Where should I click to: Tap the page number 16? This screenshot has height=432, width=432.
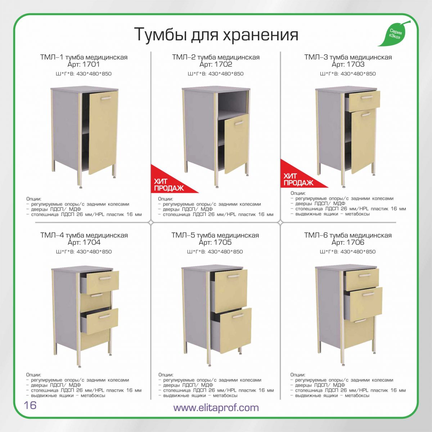click(x=30, y=405)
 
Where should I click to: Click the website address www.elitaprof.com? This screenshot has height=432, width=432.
click(x=216, y=407)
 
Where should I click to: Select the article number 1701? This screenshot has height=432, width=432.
click(x=91, y=64)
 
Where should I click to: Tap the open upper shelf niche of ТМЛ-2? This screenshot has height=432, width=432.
click(x=233, y=103)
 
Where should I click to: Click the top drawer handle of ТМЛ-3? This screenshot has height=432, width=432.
click(x=366, y=97)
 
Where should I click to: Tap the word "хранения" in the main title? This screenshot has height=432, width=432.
click(x=260, y=35)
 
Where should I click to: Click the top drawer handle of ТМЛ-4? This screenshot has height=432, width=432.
click(x=105, y=278)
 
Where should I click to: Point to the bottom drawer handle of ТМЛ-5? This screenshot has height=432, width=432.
click(x=238, y=316)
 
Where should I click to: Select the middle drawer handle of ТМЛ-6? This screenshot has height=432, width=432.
click(x=368, y=294)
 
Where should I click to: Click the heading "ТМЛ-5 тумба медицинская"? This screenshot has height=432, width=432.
click(x=215, y=235)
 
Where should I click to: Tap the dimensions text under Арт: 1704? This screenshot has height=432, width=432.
click(x=84, y=252)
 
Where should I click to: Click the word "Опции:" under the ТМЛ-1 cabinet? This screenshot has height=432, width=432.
click(x=34, y=199)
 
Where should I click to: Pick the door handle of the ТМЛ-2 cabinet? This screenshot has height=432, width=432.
click(x=239, y=123)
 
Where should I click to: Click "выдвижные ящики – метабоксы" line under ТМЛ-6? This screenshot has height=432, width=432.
click(x=330, y=395)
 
